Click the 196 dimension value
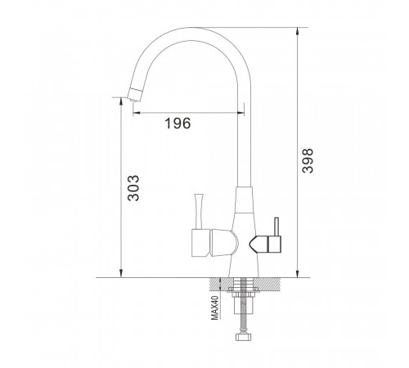178,123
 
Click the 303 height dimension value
133,188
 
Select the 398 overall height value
308,161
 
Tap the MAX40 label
215,307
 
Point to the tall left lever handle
199,211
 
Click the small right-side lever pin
276,227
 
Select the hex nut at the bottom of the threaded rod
243,337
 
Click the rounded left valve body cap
224,243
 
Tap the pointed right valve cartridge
258,245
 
